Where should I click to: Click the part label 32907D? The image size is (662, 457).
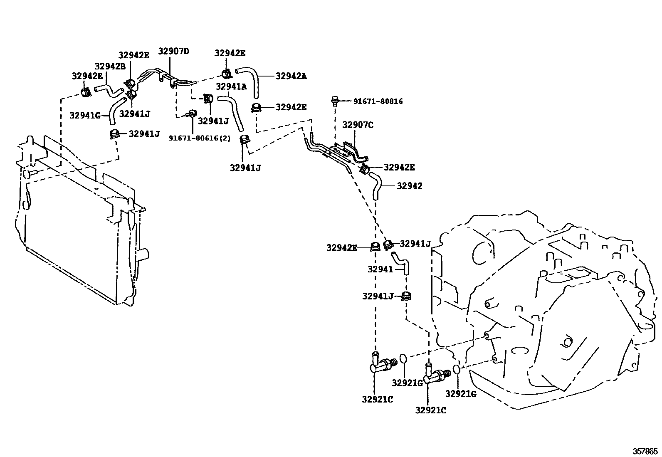[x=173, y=52]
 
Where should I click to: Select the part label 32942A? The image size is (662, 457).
[x=291, y=76]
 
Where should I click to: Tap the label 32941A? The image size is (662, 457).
[x=231, y=86]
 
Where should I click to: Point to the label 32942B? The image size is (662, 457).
[x=110, y=67]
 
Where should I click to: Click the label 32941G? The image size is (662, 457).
[x=85, y=116]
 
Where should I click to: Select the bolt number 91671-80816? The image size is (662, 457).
[x=378, y=101]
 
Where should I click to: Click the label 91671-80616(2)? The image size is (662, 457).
[x=199, y=138]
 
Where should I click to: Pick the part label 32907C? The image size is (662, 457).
[x=358, y=124]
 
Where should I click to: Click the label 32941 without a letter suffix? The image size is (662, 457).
[x=380, y=269]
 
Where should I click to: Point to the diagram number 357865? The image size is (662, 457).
[x=645, y=451]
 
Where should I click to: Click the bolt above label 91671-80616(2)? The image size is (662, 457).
[x=192, y=113]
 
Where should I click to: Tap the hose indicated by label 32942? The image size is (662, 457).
[x=376, y=185]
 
